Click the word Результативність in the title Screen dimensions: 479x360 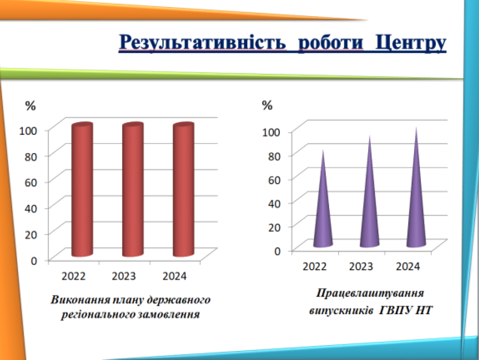pyautogui.click(x=202, y=43)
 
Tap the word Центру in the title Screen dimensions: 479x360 pyautogui.click(x=411, y=43)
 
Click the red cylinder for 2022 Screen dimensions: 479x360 pyautogui.click(x=82, y=189)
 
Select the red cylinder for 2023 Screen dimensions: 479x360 pyautogui.click(x=133, y=189)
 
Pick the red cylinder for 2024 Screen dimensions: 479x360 pyautogui.click(x=183, y=189)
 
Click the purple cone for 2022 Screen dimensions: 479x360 pyautogui.click(x=323, y=199)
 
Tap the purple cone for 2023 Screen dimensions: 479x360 pyautogui.click(x=369, y=191)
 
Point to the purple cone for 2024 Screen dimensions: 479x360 pyautogui.click(x=416, y=187)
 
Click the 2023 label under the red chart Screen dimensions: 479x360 pyautogui.click(x=124, y=276)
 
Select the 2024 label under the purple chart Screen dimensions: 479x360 pyautogui.click(x=408, y=267)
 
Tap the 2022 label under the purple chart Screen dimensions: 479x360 pyautogui.click(x=314, y=267)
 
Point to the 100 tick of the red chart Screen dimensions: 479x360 pyautogui.click(x=28, y=131)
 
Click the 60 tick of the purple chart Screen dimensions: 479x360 pyautogui.click(x=274, y=180)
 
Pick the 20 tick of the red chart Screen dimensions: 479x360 pyautogui.click(x=31, y=235)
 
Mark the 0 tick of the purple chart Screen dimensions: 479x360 pyautogui.click(x=277, y=251)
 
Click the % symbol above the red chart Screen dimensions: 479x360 pyautogui.click(x=30, y=106)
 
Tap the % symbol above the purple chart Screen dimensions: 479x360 pyautogui.click(x=267, y=105)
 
